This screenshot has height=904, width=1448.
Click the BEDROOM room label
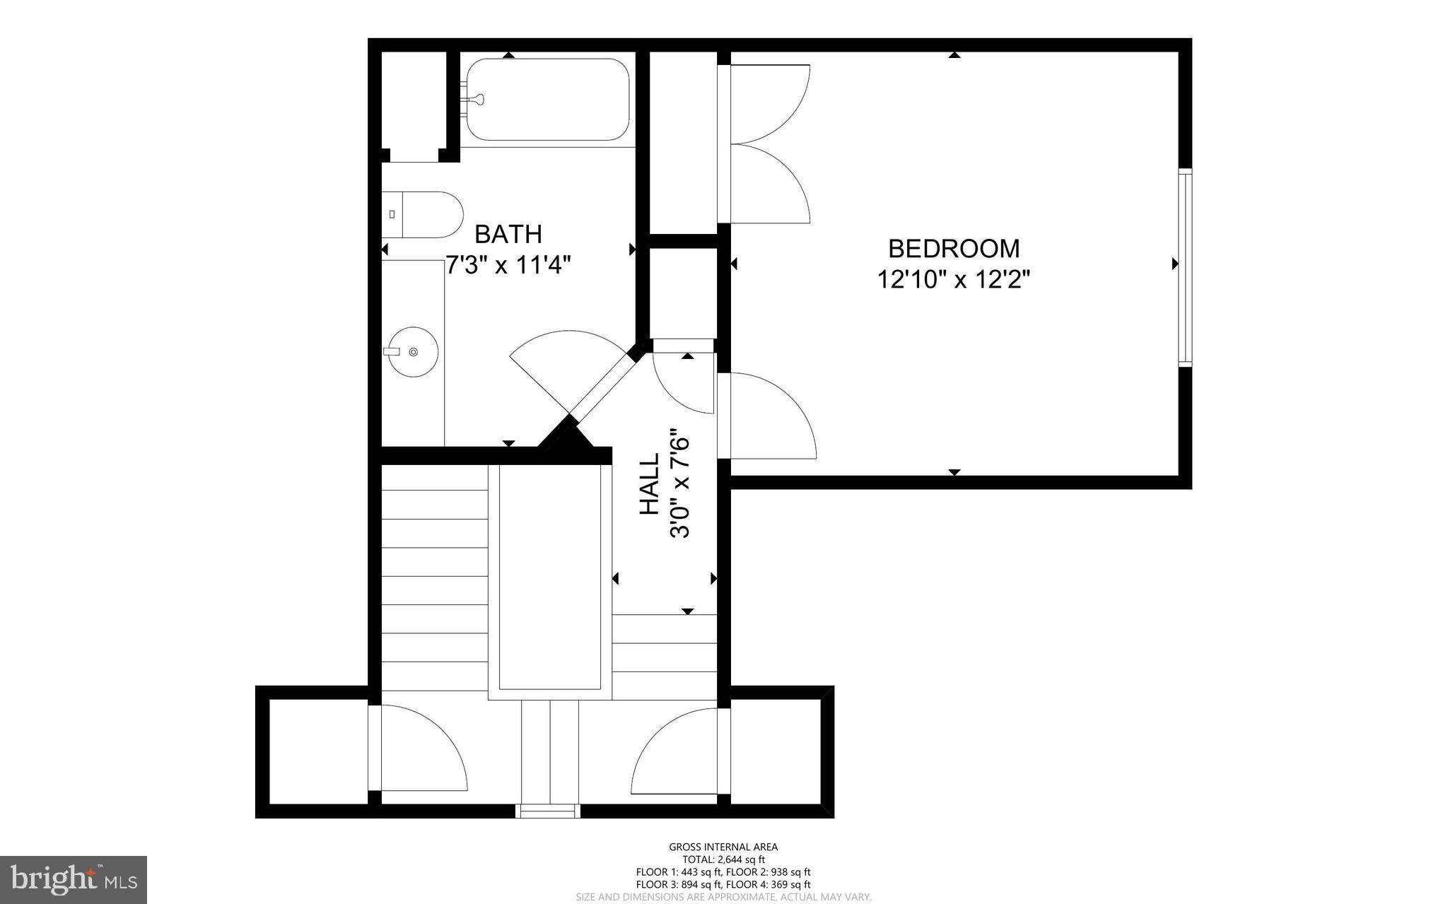pos(953,249)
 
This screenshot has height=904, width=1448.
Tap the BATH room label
pos(508,234)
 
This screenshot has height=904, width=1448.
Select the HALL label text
pos(649,483)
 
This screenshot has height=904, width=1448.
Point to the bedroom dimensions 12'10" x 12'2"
pos(953,281)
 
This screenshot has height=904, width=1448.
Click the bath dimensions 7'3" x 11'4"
pos(508,266)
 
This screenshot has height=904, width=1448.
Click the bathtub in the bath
pos(547,100)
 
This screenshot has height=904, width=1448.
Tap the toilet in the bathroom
pos(422,214)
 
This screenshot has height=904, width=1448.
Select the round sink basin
pos(414,351)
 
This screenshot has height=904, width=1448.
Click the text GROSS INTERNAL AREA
pos(723,847)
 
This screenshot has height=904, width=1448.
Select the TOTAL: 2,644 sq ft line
pos(723,859)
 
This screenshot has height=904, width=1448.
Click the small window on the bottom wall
pos(548,811)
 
